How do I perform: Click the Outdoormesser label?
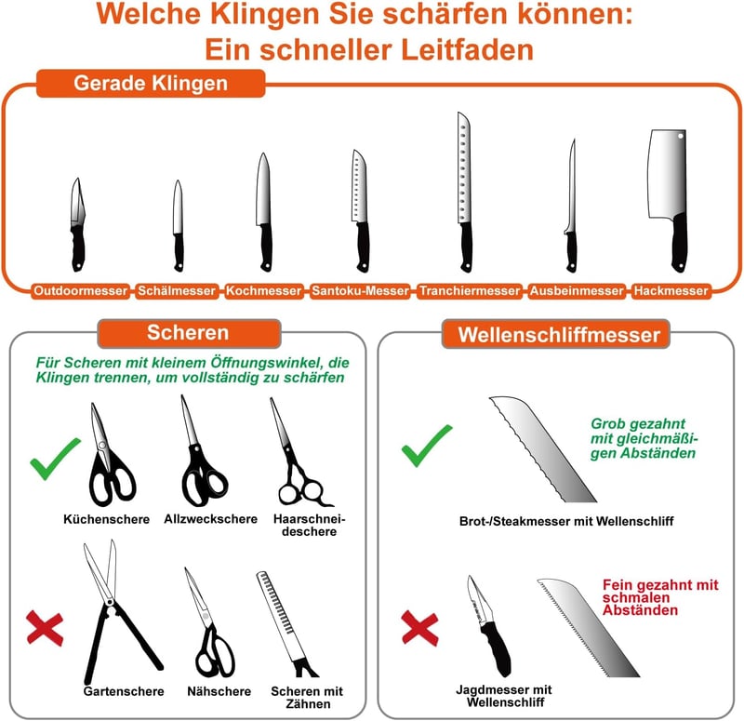click(81, 290)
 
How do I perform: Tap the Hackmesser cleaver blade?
click(667, 173)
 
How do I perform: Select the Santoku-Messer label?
click(360, 290)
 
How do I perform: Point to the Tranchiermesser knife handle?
click(467, 247)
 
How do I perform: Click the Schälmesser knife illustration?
click(178, 225)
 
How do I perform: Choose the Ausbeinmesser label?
click(577, 290)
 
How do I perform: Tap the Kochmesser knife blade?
click(263, 190)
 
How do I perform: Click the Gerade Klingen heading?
click(151, 83)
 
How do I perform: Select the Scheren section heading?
click(189, 333)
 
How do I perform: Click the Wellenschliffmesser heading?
click(559, 335)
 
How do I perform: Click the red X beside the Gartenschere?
click(45, 629)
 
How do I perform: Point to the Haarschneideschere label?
click(309, 525)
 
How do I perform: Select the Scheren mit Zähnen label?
click(307, 697)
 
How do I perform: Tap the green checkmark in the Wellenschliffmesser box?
click(426, 446)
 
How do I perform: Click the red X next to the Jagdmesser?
click(419, 628)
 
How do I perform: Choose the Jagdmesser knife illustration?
click(488, 625)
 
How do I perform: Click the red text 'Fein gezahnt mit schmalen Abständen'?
click(660, 597)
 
